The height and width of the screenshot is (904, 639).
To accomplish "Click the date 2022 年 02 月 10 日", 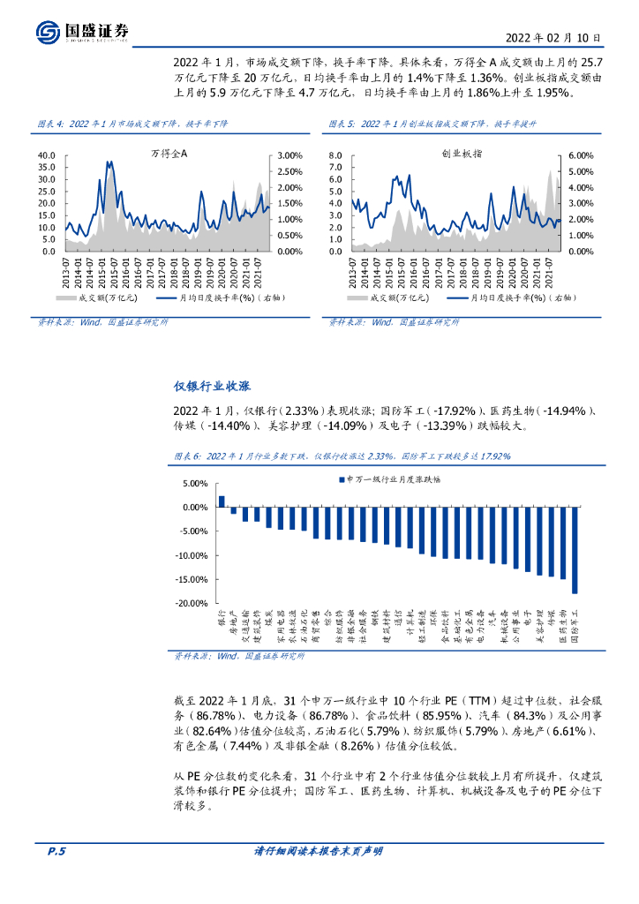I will tap(553, 38).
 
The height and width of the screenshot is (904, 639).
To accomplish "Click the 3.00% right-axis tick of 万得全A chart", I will tap(291, 155).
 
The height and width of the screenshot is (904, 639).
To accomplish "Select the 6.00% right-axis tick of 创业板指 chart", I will tap(581, 155).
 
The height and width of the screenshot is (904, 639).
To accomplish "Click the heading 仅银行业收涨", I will tap(212, 388).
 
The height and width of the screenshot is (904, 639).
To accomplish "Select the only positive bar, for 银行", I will tap(222, 501).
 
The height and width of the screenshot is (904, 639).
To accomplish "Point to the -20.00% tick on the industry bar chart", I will tap(189, 604).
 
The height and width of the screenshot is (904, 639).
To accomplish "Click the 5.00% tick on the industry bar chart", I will tap(193, 484).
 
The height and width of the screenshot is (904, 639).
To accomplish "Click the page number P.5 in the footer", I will tap(56, 852).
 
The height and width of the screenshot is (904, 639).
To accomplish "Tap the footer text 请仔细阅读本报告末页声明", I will tap(319, 852).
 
